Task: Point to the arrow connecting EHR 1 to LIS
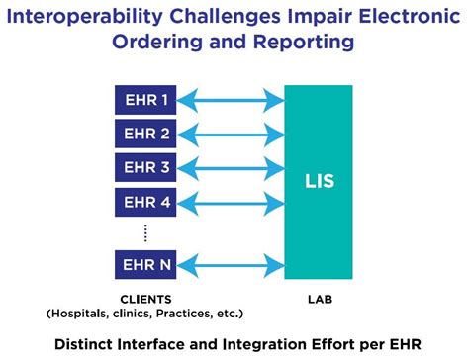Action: click(232, 99)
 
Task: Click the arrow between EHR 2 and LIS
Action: click(232, 133)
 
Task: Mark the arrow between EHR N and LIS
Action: click(232, 265)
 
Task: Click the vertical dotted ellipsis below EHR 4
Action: click(146, 232)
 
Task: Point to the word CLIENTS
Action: click(146, 299)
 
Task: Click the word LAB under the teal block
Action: click(318, 299)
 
